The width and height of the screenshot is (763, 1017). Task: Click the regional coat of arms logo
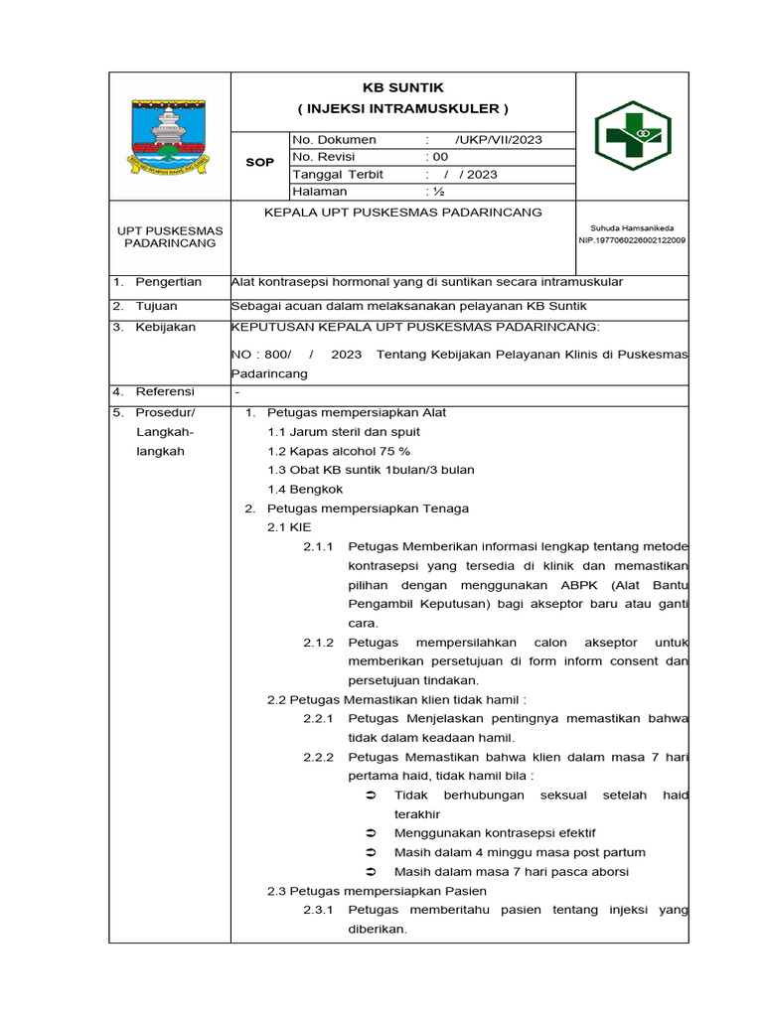pyautogui.click(x=169, y=134)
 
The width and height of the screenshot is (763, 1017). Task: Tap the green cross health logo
pyautogui.click(x=632, y=134)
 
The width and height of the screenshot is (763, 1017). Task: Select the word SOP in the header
pyautogui.click(x=259, y=163)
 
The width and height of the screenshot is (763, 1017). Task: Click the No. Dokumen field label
pyautogui.click(x=334, y=140)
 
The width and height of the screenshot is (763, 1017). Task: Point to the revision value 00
pyautogui.click(x=439, y=157)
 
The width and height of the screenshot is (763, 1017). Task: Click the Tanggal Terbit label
pyautogui.click(x=338, y=174)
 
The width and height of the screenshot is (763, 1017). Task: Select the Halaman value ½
pyautogui.click(x=437, y=191)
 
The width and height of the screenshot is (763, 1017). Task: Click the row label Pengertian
pyautogui.click(x=168, y=282)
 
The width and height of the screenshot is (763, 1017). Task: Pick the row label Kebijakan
pyautogui.click(x=165, y=327)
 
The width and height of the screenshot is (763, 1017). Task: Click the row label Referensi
pyautogui.click(x=165, y=391)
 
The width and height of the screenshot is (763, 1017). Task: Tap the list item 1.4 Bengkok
pyautogui.click(x=305, y=489)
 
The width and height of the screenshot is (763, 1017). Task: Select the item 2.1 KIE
pyautogui.click(x=288, y=527)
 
